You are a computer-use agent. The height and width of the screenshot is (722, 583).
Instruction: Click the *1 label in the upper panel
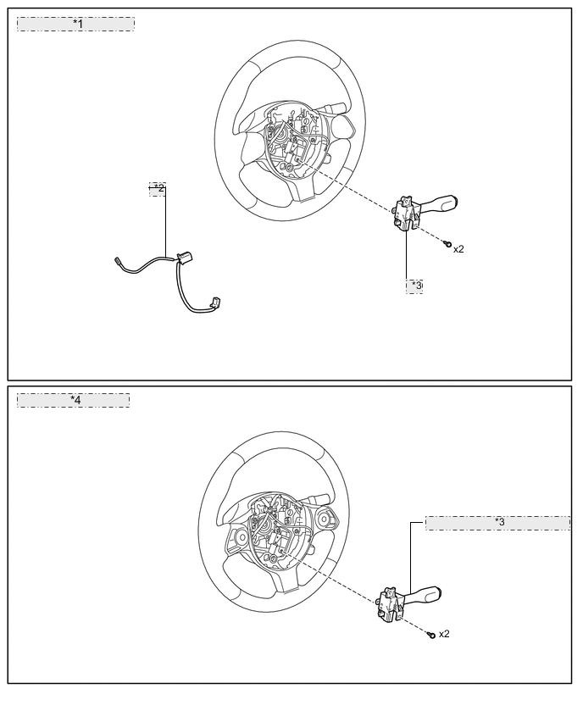click(76, 24)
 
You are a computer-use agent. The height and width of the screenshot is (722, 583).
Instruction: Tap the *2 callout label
click(158, 188)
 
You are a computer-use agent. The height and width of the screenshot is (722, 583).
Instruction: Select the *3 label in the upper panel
click(415, 286)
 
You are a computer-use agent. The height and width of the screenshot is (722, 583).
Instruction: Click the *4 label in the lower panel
click(75, 400)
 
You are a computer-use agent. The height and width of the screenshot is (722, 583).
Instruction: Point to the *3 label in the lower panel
click(498, 523)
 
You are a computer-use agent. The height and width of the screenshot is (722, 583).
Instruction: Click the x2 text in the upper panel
click(458, 249)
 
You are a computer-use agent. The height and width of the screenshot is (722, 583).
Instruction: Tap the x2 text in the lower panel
click(444, 634)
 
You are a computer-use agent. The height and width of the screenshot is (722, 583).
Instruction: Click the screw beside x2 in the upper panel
click(447, 244)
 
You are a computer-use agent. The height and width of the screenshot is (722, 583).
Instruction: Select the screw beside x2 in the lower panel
click(431, 634)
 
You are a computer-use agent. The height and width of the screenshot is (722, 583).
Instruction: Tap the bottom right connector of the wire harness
click(215, 302)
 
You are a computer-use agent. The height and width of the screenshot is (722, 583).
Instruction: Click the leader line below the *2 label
click(165, 220)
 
